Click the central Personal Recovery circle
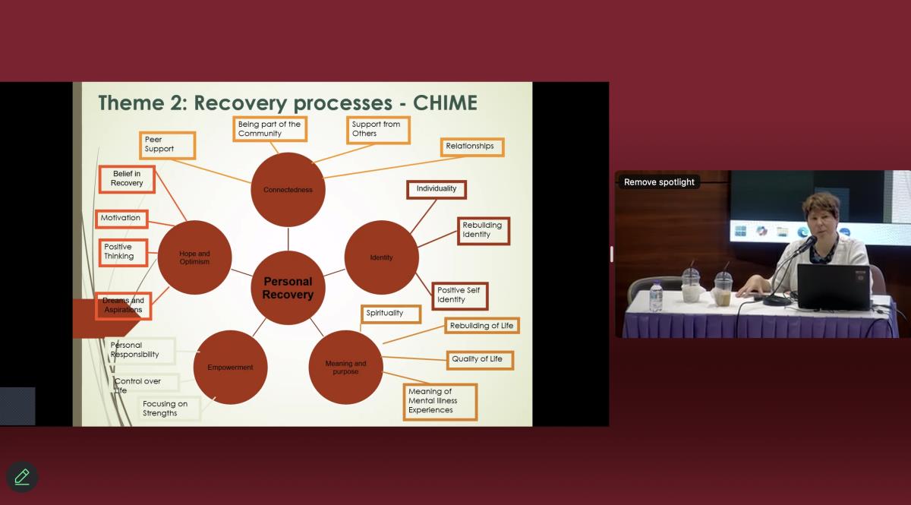click(x=288, y=288)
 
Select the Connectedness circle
click(x=288, y=190)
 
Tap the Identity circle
click(x=381, y=257)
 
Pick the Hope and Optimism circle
click(x=194, y=257)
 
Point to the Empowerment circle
click(x=230, y=368)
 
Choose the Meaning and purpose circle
click(x=345, y=368)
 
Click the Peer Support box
click(x=167, y=144)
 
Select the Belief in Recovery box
click(x=127, y=178)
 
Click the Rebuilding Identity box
click(x=484, y=230)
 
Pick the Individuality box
click(x=437, y=188)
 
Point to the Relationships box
click(x=471, y=147)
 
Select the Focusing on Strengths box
click(x=169, y=409)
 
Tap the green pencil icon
click(x=22, y=477)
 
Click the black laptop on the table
click(x=833, y=286)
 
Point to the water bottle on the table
click(x=656, y=297)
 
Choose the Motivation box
click(x=121, y=218)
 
